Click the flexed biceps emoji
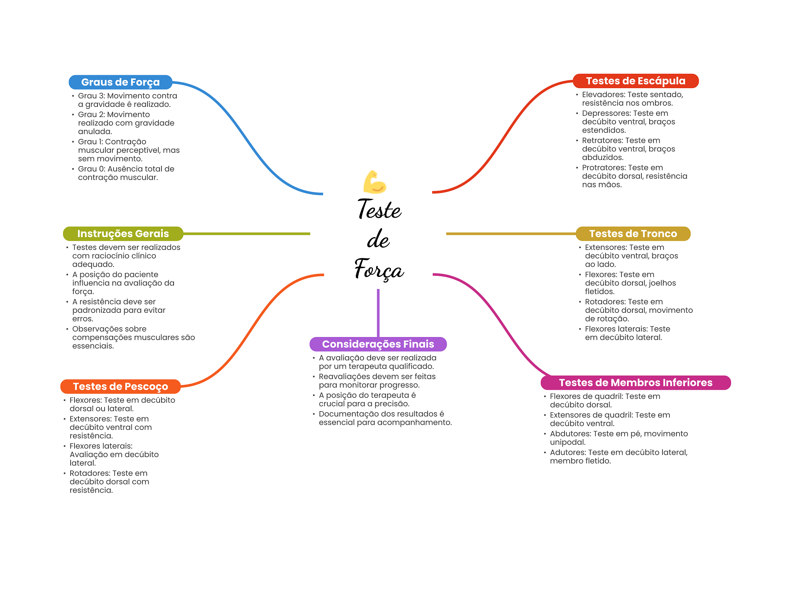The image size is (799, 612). pos(375,182)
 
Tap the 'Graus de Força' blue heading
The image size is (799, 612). pos(120,82)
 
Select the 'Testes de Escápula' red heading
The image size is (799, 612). pos(636,81)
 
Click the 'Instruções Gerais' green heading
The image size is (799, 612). pos(123,234)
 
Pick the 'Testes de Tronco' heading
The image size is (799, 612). pos(633,234)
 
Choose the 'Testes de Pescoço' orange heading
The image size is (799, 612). pos(120,387)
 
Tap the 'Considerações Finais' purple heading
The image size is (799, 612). pos(378,344)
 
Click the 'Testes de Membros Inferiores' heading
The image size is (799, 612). pos(636,383)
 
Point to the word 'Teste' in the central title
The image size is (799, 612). pos(379,209)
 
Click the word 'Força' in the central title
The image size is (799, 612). pos(379,269)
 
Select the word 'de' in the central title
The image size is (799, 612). pos(378,239)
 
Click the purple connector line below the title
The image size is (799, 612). pos(378,312)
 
